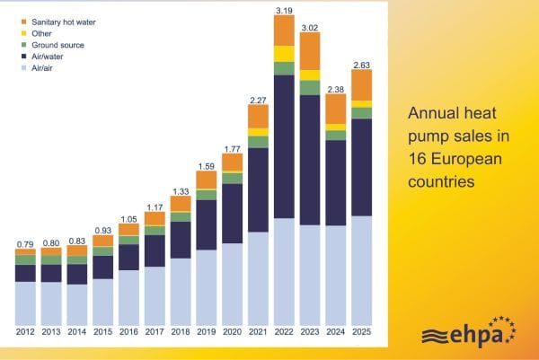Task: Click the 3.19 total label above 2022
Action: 284,11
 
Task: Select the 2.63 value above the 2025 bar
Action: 362,64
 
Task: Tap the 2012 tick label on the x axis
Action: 26,332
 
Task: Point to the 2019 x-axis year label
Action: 207,332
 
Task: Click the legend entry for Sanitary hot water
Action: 62,19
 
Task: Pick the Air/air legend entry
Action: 44,66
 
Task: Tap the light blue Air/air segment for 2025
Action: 362,269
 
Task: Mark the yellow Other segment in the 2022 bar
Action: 284,54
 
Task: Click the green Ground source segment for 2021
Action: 258,142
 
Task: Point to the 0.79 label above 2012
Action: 25,242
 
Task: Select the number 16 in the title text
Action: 416,159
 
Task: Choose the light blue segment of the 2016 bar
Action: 129,297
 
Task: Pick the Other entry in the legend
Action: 42,31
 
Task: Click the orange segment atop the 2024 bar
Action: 336,109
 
